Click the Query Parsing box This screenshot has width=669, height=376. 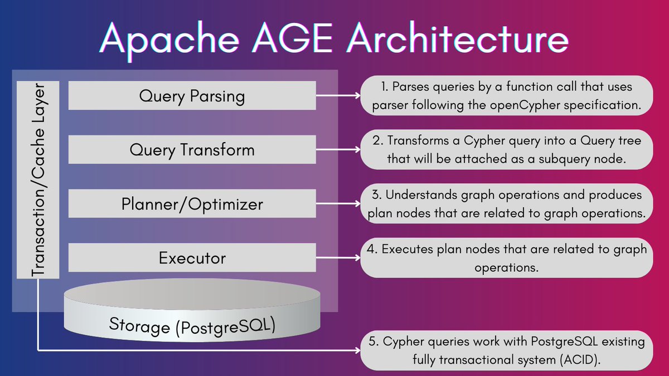point(192,96)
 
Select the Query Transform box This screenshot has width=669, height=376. point(192,149)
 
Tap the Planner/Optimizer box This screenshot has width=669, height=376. point(192,204)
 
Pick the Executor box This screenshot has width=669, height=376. point(192,258)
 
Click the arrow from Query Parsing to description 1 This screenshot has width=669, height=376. point(337,95)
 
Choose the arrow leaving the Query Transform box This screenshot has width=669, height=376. point(337,149)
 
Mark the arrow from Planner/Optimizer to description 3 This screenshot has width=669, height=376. point(337,204)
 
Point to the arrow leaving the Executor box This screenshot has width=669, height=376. point(337,258)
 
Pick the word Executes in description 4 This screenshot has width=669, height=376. point(407,249)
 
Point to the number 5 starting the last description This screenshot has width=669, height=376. point(374,341)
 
